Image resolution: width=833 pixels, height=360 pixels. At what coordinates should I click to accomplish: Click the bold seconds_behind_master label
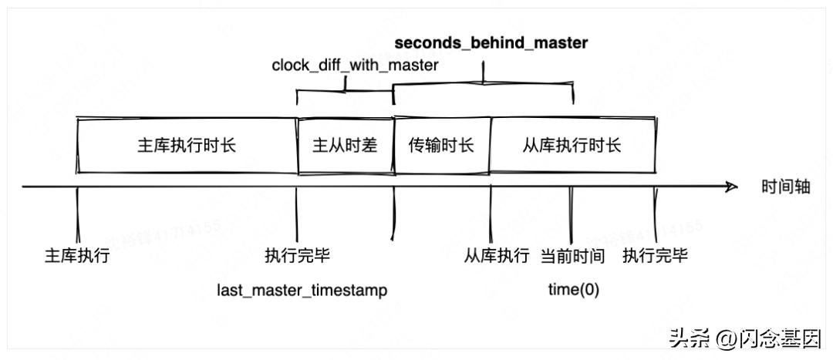pos(491,43)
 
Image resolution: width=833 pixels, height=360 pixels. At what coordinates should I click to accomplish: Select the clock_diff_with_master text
pos(355,66)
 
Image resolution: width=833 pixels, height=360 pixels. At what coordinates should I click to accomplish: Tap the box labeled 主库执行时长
pos(187,145)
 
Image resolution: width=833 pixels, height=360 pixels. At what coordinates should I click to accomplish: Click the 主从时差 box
pos(345,145)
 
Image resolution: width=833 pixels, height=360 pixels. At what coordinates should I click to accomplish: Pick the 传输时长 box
pos(441,145)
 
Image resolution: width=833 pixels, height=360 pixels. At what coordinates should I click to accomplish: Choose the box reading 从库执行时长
pos(572,145)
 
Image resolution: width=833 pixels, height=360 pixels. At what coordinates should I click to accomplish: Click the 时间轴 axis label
pos(786,187)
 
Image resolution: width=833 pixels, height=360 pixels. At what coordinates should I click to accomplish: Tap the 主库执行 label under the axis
pos(77,255)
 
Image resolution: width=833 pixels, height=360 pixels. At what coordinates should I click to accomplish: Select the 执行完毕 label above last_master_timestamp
pos(297,255)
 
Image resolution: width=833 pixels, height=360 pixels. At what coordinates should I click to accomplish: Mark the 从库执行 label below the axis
pos(497,255)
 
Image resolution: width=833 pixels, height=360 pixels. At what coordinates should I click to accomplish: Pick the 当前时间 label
pos(572,255)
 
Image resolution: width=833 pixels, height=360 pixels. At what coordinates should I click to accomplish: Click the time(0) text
pos(573,290)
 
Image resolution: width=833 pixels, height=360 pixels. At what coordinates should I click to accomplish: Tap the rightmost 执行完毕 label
pos(656,255)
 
